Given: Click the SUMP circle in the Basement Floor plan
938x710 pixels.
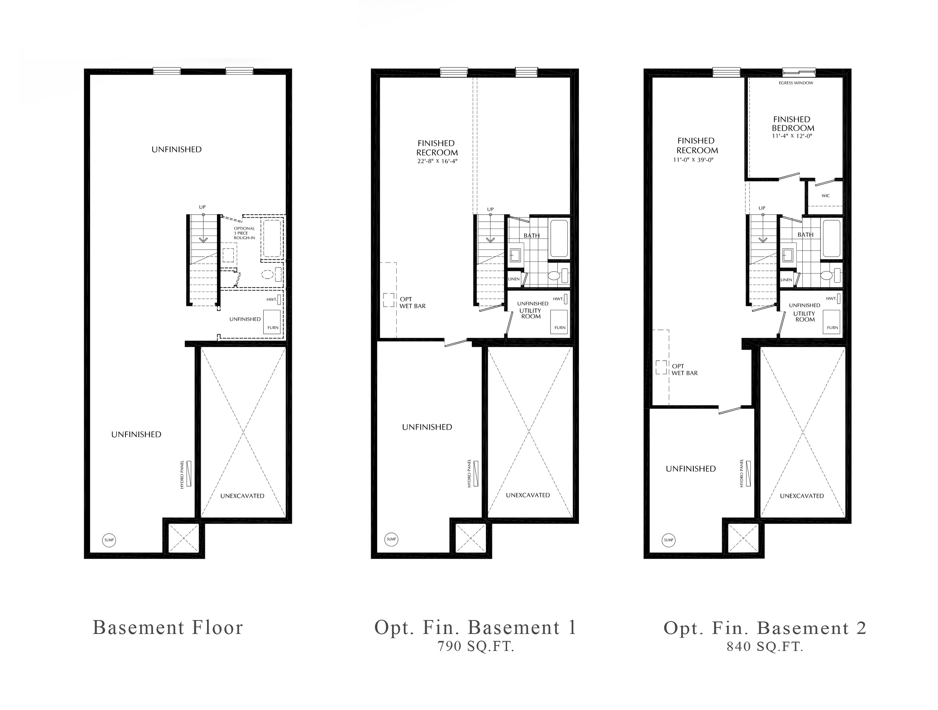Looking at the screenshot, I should (109, 540).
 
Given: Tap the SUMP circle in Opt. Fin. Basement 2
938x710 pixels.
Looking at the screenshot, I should (669, 540).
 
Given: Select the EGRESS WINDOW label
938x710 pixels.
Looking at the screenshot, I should (796, 83).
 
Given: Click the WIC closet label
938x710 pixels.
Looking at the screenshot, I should (825, 196).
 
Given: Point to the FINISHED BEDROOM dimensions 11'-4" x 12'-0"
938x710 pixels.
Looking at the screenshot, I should (792, 136).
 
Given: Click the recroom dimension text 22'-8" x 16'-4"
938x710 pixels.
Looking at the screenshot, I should (437, 161).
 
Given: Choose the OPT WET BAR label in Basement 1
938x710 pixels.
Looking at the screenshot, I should (412, 302).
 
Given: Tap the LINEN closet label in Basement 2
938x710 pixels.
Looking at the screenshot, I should (786, 280).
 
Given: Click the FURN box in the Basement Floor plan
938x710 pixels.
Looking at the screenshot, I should (272, 322).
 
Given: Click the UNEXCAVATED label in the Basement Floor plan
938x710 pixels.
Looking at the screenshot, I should (242, 496).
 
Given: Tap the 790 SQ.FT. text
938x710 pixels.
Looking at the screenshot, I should (476, 646).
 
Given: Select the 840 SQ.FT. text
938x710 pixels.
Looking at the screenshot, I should (765, 646).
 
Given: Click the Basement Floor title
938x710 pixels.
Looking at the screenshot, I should (168, 628).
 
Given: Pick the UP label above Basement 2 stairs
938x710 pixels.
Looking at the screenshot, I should (762, 208).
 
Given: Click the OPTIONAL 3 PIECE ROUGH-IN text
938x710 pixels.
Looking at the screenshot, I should (244, 233).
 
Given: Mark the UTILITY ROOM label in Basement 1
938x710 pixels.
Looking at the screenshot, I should (530, 313).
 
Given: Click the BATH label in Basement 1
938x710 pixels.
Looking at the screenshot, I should (531, 236).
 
